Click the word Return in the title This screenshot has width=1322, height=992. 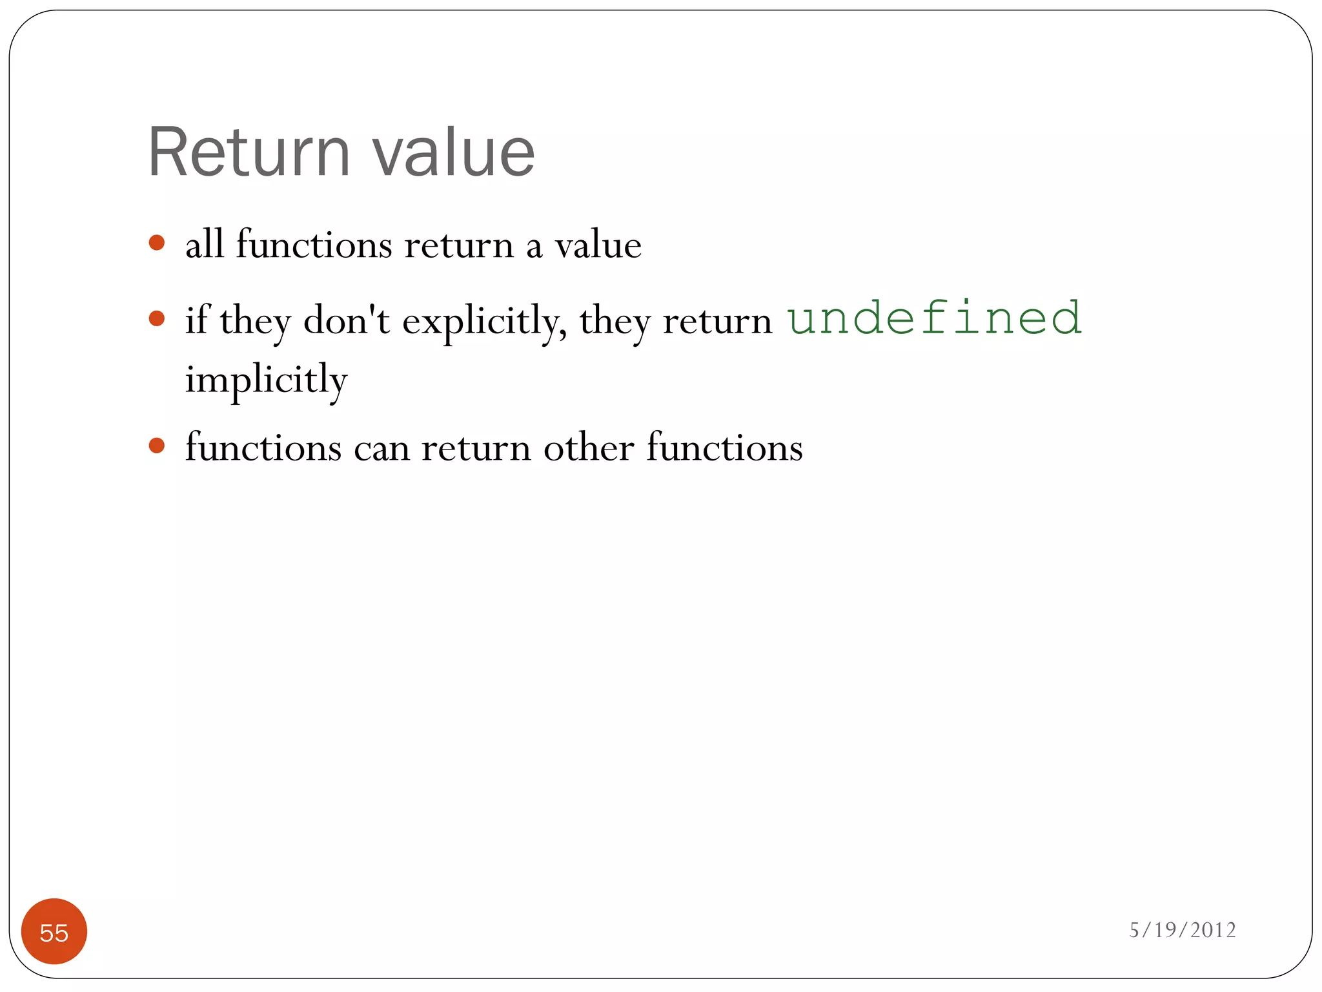pyautogui.click(x=249, y=152)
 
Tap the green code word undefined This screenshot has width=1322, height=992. pyautogui.click(x=934, y=318)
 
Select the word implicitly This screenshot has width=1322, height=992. pyautogui.click(x=266, y=379)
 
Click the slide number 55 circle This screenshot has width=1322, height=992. pyautogui.click(x=54, y=931)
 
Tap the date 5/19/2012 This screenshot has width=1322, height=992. pyautogui.click(x=1182, y=930)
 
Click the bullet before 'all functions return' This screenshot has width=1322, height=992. pyautogui.click(x=156, y=243)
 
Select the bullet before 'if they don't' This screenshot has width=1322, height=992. pyautogui.click(x=156, y=318)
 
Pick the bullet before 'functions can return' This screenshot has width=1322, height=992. pyautogui.click(x=156, y=446)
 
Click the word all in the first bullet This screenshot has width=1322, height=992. pyautogui.click(x=204, y=245)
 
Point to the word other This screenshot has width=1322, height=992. pyautogui.click(x=588, y=448)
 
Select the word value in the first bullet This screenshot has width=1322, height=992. pyautogui.click(x=598, y=245)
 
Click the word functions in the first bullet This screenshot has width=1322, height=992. pyautogui.click(x=314, y=245)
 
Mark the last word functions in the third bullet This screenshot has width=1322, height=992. pyautogui.click(x=724, y=448)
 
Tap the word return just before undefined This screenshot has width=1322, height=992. pyautogui.click(x=717, y=321)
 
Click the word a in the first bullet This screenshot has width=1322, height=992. pyautogui.click(x=534, y=247)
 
